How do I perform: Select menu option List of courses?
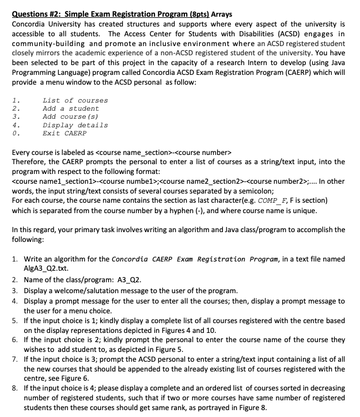coord(75,100)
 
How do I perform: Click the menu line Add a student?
coord(70,108)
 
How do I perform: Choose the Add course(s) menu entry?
coord(70,116)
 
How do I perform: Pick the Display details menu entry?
coord(75,125)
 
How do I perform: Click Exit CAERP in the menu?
coord(64,133)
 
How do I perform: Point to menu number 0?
coord(15,133)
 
